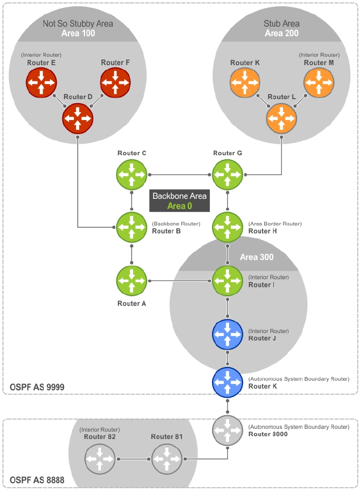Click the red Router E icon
[41, 83]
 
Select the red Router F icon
[116, 83]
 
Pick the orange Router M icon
[319, 83]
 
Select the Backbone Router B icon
[132, 227]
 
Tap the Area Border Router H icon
[227, 227]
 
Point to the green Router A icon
[132, 280]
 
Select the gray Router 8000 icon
[227, 430]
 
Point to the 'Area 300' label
[256, 257]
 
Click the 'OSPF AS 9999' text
[37, 387]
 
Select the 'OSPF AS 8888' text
[37, 480]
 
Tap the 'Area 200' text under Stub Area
[281, 33]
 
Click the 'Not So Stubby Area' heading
[78, 24]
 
